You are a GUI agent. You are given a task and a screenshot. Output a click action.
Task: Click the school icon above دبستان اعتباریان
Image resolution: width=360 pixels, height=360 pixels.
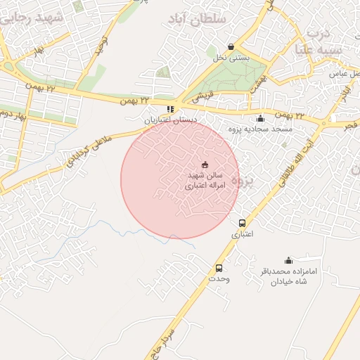170,109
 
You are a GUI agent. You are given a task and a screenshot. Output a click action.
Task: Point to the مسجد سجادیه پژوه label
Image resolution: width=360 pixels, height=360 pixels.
264,129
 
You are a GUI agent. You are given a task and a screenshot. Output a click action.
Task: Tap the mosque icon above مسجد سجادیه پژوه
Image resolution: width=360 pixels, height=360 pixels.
261,118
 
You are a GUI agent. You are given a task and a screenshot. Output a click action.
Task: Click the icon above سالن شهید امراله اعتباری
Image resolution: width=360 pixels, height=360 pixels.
205,164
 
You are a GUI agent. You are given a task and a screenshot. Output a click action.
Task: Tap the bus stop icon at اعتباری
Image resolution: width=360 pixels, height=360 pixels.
243,223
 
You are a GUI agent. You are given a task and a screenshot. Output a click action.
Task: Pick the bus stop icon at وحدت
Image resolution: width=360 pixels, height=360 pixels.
219,268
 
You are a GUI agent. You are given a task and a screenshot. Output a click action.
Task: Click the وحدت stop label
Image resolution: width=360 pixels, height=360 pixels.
219,279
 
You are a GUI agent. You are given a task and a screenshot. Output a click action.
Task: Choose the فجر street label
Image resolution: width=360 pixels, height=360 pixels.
349,124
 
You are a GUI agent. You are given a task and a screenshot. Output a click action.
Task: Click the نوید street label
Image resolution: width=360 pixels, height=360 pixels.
104,46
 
